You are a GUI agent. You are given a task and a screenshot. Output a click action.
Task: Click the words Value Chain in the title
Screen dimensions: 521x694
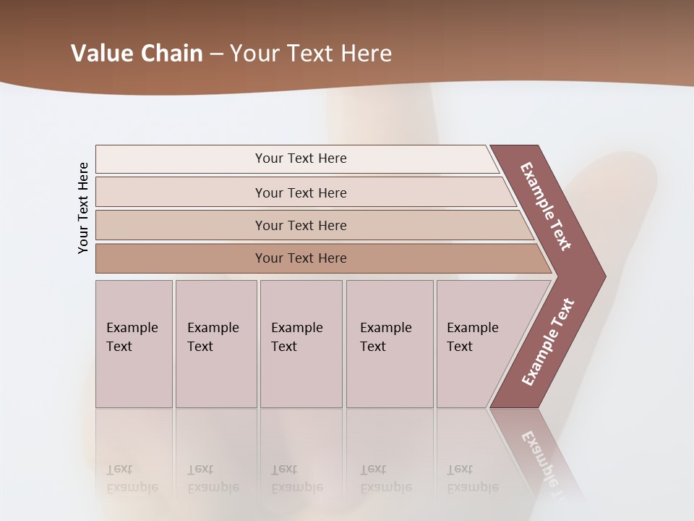137,53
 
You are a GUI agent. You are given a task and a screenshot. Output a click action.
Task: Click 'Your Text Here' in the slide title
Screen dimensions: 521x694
311,53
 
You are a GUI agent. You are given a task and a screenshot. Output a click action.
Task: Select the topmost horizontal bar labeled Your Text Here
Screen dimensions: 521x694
301,158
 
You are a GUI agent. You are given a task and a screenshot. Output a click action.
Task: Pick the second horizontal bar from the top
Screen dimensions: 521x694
301,192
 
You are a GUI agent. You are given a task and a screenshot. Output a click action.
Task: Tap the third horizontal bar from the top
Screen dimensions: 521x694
301,225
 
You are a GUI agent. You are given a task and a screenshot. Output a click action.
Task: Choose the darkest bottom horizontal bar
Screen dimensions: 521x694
301,258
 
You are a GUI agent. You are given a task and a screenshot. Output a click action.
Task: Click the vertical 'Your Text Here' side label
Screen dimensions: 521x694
83,208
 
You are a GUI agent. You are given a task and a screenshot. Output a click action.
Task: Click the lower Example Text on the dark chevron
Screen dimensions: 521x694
548,342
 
